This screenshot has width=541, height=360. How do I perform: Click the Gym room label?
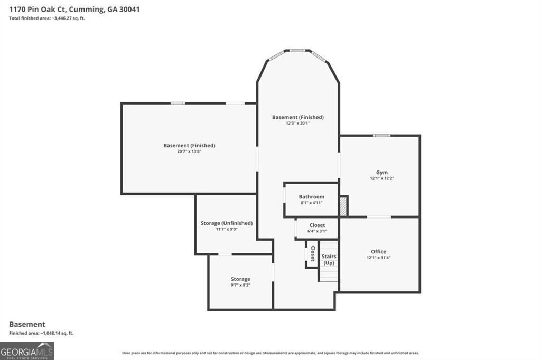pos(382,173)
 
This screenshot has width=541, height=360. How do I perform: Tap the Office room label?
pos(378,252)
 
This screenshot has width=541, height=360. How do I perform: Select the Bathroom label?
pos(311,197)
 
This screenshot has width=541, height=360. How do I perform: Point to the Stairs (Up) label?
pos(329,259)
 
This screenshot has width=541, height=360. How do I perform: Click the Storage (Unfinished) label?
pos(226,223)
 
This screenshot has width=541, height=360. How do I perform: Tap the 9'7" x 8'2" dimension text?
pos(240,285)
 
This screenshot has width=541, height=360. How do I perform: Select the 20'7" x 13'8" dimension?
pos(189,151)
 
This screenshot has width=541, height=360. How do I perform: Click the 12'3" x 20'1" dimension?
pos(297,123)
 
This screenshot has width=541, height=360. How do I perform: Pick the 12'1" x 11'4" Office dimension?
pos(378,258)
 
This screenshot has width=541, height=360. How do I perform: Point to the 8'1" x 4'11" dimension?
pos(311,203)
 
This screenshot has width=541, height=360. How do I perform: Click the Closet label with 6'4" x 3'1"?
pos(317,225)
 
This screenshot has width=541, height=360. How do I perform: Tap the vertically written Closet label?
pos(312,253)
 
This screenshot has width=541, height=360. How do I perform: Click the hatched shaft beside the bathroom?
pos(343,206)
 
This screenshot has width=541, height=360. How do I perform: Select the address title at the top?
pos(74,10)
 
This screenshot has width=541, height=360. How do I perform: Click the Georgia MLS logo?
pos(27,350)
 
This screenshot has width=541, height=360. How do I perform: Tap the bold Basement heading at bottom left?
pos(27,324)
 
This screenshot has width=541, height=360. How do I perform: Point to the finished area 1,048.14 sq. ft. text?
pos(41,333)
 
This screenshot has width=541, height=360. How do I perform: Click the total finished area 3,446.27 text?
pos(47,18)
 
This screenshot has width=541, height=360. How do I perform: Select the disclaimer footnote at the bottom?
pos(270,353)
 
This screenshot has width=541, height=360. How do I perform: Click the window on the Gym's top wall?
pos(381,136)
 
